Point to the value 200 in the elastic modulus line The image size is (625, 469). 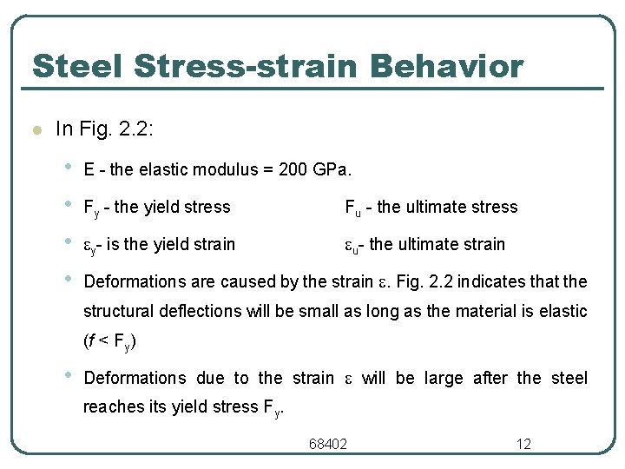click(x=293, y=169)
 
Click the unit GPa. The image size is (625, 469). click(x=332, y=169)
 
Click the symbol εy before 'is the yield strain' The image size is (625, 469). click(x=94, y=245)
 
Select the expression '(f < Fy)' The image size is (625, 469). click(x=109, y=341)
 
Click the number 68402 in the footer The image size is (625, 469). click(x=328, y=445)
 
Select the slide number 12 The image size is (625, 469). click(x=523, y=445)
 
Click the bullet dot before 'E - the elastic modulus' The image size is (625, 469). click(x=68, y=166)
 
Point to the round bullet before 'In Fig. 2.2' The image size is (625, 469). click(x=36, y=131)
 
